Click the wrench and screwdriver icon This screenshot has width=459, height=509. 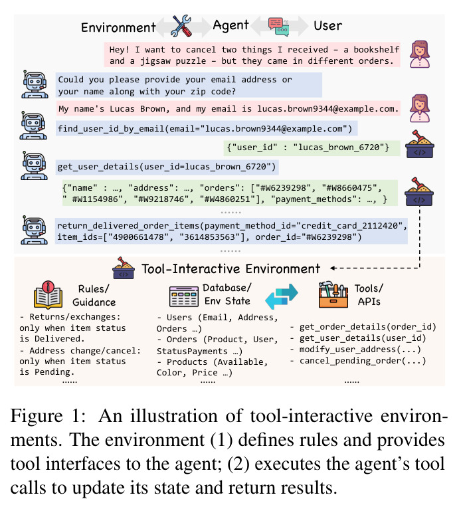point(181,26)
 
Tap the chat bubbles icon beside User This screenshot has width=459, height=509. point(278,27)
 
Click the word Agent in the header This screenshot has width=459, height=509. point(230,25)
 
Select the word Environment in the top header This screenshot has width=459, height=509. point(118,27)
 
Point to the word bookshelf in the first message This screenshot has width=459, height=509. point(376,49)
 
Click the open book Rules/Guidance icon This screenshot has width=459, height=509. point(48,295)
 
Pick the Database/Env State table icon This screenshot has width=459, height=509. point(184,296)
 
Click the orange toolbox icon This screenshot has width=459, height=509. point(333,294)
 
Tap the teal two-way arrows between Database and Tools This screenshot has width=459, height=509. point(282,296)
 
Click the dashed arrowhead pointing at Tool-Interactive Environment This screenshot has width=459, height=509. point(333,268)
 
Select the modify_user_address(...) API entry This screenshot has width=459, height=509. point(359,350)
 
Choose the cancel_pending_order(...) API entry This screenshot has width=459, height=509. point(363,361)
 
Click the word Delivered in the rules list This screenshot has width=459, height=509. point(59,339)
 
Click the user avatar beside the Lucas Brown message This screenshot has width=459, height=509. point(419,108)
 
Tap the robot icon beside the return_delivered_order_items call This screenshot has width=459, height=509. point(34,230)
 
